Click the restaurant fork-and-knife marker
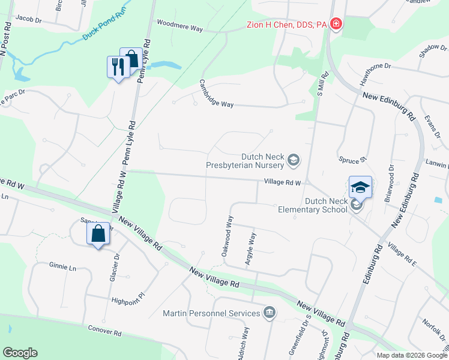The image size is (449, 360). (116, 66)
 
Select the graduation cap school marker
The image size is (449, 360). (360, 187)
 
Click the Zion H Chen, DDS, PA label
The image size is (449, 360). (287, 25)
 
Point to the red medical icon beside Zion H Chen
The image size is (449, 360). (336, 25)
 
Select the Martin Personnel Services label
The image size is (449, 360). (212, 313)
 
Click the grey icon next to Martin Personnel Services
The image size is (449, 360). (269, 313)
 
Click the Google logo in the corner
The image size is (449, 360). (20, 353)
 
